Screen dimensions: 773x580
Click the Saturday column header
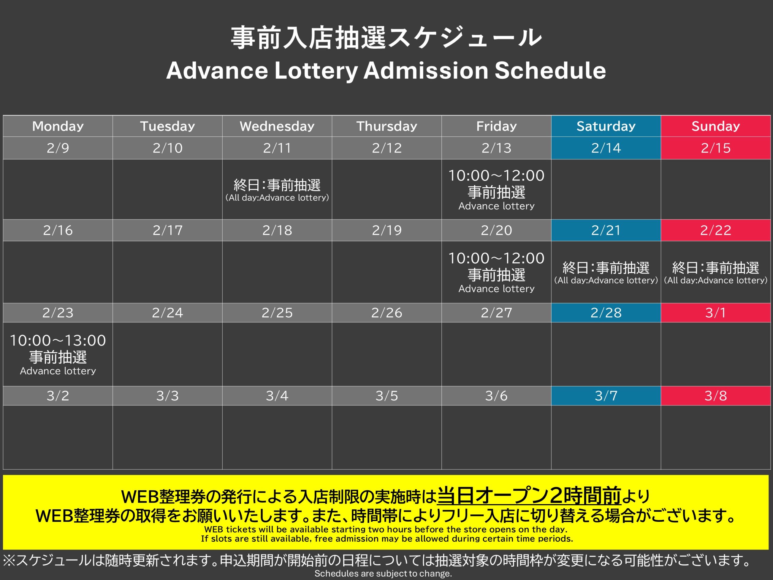[x=606, y=126]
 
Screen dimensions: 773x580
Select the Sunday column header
[x=715, y=126]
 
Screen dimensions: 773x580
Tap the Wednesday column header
[x=277, y=126]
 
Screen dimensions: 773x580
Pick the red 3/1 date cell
[x=715, y=313]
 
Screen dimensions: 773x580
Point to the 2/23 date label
[x=58, y=313]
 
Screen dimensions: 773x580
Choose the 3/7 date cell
[x=606, y=396]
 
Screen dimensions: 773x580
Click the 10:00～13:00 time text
[x=58, y=340]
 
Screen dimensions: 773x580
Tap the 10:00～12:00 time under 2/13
[x=496, y=175]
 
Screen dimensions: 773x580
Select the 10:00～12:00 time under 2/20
[x=496, y=258]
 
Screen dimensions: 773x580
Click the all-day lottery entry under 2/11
[x=277, y=190]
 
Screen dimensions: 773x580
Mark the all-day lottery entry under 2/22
[x=715, y=273]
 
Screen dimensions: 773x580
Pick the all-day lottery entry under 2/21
[x=606, y=273]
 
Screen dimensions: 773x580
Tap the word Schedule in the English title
[x=550, y=70]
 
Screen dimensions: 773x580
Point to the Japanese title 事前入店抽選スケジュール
[x=386, y=37]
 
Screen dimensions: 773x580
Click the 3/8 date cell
[x=715, y=396]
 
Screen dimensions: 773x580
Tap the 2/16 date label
[x=58, y=230]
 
